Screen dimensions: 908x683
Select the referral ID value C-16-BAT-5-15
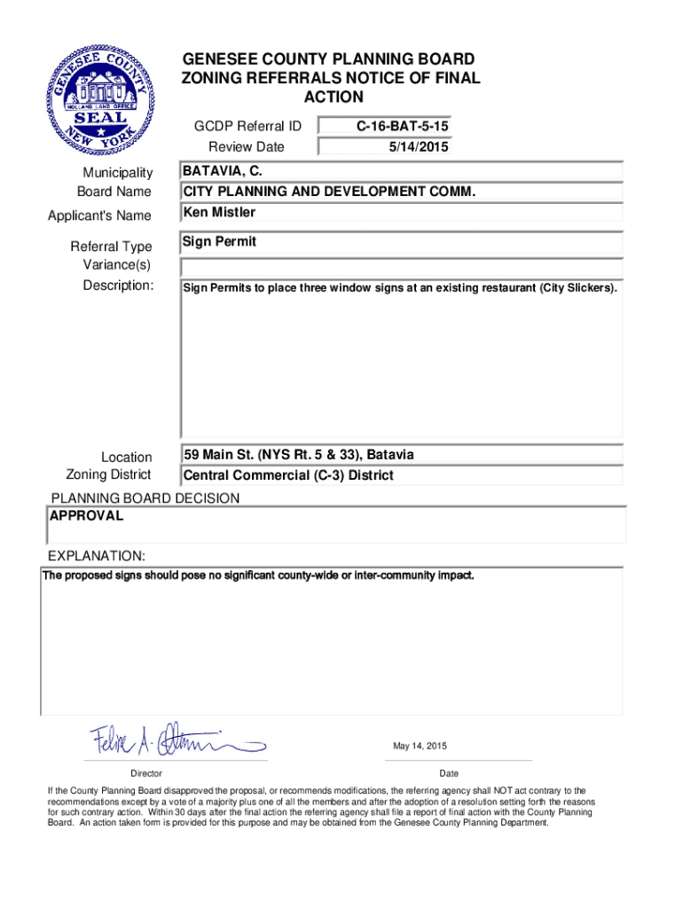[403, 127]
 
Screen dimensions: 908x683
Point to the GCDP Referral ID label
[247, 127]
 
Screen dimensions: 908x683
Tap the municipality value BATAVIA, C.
[222, 170]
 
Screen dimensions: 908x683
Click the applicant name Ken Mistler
[219, 213]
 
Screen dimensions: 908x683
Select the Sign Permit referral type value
[219, 241]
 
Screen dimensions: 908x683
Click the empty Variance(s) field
[402, 267]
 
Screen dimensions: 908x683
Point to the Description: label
[118, 286]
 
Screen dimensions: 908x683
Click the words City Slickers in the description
[576, 288]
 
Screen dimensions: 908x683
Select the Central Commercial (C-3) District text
[288, 475]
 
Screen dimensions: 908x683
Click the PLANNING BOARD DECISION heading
[145, 498]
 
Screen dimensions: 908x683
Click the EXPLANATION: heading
[96, 556]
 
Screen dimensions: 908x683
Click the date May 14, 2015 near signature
[420, 746]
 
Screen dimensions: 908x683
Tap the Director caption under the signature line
[145, 774]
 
